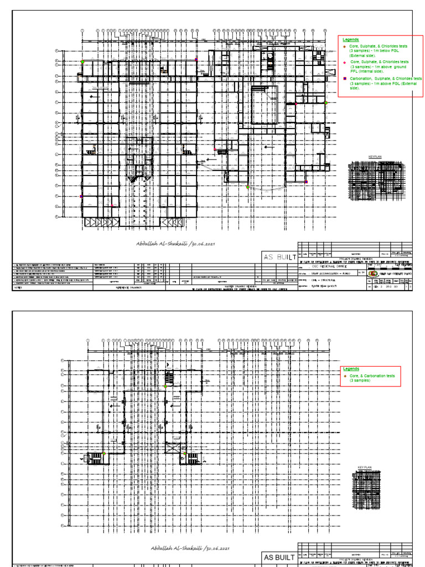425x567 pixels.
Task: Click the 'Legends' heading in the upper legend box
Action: [351, 40]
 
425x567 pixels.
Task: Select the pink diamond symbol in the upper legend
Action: [344, 62]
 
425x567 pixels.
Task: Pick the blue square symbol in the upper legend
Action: [344, 79]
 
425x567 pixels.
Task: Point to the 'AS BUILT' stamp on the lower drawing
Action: [279, 557]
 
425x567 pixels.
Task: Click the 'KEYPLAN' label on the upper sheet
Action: [375, 157]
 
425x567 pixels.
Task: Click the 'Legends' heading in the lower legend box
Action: [351, 369]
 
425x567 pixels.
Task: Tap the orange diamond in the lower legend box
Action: [344, 375]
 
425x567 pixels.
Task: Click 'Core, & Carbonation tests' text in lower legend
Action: [372, 375]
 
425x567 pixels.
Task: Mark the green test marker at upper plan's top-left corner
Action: [82, 61]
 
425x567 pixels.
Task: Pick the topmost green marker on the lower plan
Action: [165, 386]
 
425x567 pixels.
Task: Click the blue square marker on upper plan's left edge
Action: [81, 196]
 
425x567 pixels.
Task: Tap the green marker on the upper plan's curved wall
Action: [247, 187]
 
